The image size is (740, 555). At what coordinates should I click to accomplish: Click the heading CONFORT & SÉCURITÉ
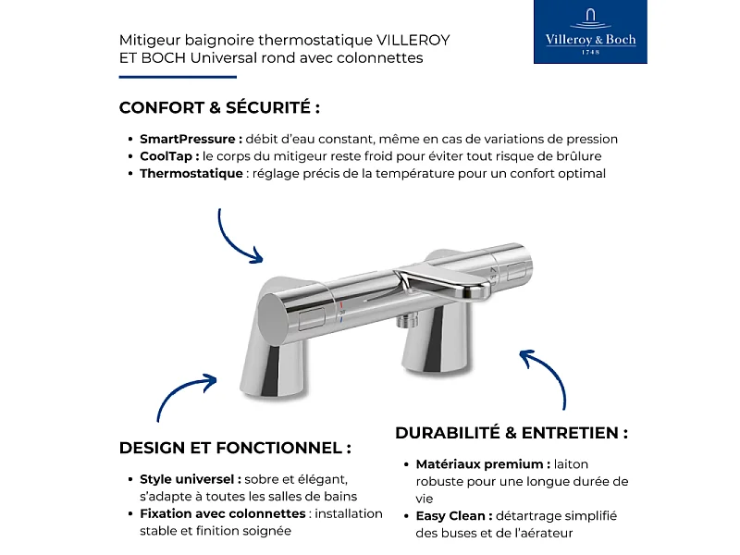(x=219, y=107)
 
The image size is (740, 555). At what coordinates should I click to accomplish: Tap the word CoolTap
(x=167, y=156)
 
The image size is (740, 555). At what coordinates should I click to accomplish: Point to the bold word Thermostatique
(x=191, y=173)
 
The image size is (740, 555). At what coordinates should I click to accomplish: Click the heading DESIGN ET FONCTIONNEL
(x=235, y=448)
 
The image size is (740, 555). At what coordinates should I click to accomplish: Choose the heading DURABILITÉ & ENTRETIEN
(x=512, y=433)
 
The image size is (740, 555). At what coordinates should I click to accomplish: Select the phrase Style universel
(x=190, y=479)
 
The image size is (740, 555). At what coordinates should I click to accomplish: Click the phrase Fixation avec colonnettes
(x=222, y=513)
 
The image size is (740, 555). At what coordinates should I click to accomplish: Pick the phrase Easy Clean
(x=452, y=515)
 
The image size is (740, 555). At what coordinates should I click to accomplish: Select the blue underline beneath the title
(x=165, y=77)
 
